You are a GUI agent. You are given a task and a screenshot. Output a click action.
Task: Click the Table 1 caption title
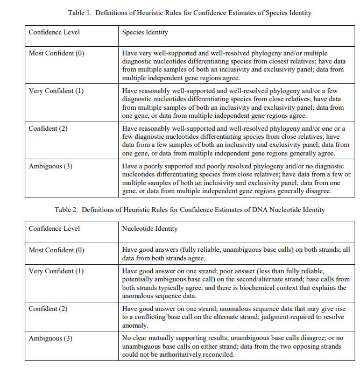[x=189, y=12]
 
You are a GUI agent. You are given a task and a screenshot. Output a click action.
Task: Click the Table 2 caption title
[x=189, y=209]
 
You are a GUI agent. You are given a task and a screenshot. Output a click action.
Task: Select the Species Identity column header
[x=145, y=32]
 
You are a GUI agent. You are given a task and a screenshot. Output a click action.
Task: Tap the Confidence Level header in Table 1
[x=54, y=32]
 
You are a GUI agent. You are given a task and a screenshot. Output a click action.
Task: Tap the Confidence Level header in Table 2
[x=54, y=229]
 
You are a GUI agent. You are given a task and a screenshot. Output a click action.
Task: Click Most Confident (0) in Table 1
[x=57, y=53]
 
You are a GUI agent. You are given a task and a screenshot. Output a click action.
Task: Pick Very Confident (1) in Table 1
[x=56, y=91]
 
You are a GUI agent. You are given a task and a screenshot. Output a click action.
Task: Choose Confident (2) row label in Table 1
[x=48, y=129]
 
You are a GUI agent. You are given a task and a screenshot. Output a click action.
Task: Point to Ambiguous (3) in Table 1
[x=50, y=166]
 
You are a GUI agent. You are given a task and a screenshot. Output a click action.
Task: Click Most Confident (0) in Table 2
[x=57, y=250]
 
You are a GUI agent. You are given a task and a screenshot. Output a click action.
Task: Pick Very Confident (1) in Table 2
[x=56, y=271]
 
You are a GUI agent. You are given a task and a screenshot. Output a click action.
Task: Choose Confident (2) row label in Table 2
[x=48, y=309]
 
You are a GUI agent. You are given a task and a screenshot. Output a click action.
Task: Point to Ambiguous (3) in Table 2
[x=50, y=338]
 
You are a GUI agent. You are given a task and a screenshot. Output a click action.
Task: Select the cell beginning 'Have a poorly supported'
[x=236, y=179]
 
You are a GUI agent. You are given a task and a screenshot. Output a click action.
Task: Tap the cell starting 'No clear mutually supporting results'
[x=236, y=346]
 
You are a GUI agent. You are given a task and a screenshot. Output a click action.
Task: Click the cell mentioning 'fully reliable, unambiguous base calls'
[x=236, y=254]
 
